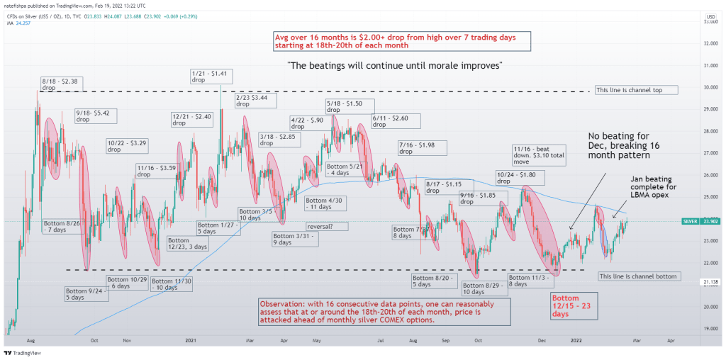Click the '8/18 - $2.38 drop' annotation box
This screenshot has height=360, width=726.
coord(62,84)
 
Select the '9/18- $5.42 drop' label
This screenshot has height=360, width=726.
coord(92,116)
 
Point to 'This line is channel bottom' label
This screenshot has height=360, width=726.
coord(639,276)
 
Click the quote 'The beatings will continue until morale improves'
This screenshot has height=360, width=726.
coord(396,65)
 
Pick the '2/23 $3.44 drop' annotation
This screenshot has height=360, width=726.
coord(253,100)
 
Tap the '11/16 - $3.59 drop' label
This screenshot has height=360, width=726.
coord(155,171)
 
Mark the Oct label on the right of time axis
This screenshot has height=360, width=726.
coord(479,339)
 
